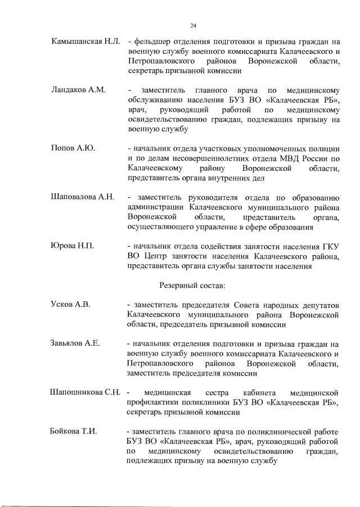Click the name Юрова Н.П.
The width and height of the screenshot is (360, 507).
click(x=72, y=246)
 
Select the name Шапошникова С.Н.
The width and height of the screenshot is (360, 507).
click(x=85, y=392)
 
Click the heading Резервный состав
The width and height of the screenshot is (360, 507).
click(x=193, y=286)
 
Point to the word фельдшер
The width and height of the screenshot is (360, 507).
click(x=152, y=43)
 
